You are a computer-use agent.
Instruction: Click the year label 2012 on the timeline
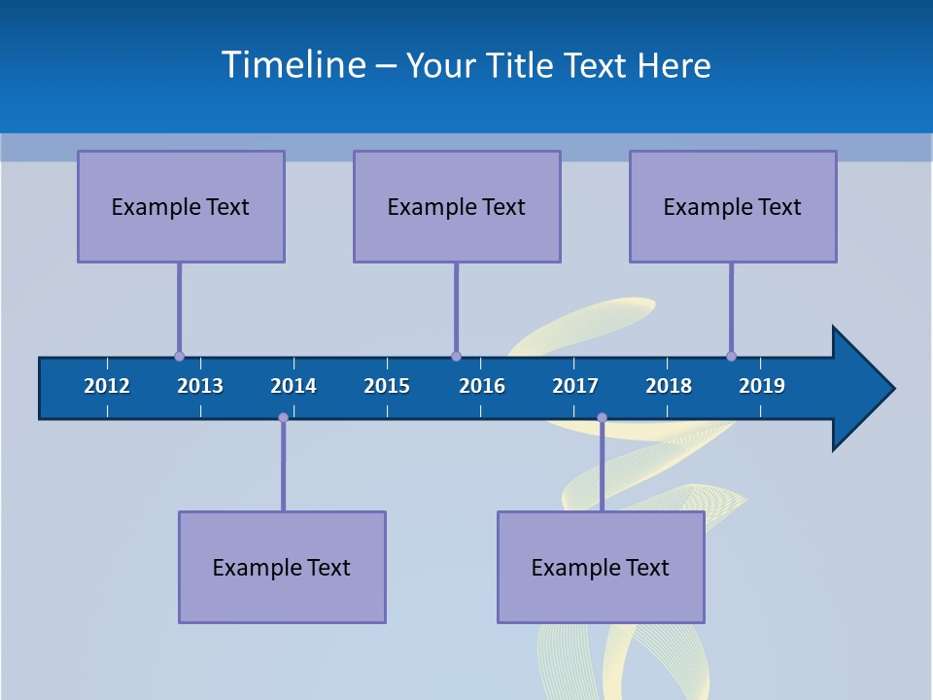107,386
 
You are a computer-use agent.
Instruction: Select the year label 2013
200,386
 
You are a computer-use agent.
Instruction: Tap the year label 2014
294,386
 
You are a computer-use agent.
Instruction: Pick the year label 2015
387,386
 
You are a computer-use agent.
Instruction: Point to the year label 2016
482,386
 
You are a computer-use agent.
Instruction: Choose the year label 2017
575,386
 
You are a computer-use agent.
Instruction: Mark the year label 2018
669,386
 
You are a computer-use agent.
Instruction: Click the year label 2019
762,386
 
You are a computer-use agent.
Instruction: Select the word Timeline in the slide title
294,65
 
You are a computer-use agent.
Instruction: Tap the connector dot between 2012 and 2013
179,356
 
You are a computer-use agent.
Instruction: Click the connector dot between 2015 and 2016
456,356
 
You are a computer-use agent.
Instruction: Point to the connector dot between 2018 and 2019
731,356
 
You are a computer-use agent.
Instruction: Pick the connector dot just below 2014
283,418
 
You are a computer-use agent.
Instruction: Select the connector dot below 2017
602,418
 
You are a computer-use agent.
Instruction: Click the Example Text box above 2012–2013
181,206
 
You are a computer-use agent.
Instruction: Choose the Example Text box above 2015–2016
457,206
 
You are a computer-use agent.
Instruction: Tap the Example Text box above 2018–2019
733,206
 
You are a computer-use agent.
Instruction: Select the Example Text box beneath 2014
282,567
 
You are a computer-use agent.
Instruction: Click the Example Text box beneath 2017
601,567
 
